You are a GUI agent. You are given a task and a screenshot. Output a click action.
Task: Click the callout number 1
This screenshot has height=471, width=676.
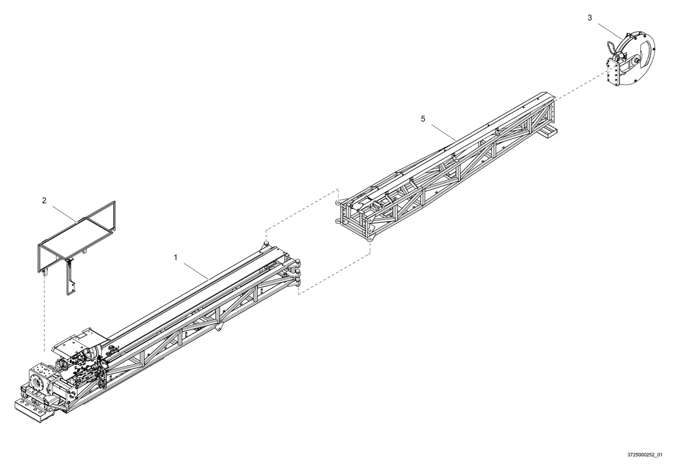point(175,257)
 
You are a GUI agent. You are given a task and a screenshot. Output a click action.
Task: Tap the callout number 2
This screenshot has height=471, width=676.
point(44,201)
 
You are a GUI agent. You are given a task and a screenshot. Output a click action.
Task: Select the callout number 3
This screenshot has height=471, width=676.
point(590,18)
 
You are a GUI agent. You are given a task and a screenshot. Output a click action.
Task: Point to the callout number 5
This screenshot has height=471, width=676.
point(423,119)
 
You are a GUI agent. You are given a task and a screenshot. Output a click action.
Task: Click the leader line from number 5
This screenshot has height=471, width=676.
point(444,132)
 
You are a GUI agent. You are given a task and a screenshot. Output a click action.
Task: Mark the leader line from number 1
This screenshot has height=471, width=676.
point(196,270)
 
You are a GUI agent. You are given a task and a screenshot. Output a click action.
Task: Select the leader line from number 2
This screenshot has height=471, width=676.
point(65,214)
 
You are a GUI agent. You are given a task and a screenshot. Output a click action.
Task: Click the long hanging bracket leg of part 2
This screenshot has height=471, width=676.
point(70,276)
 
